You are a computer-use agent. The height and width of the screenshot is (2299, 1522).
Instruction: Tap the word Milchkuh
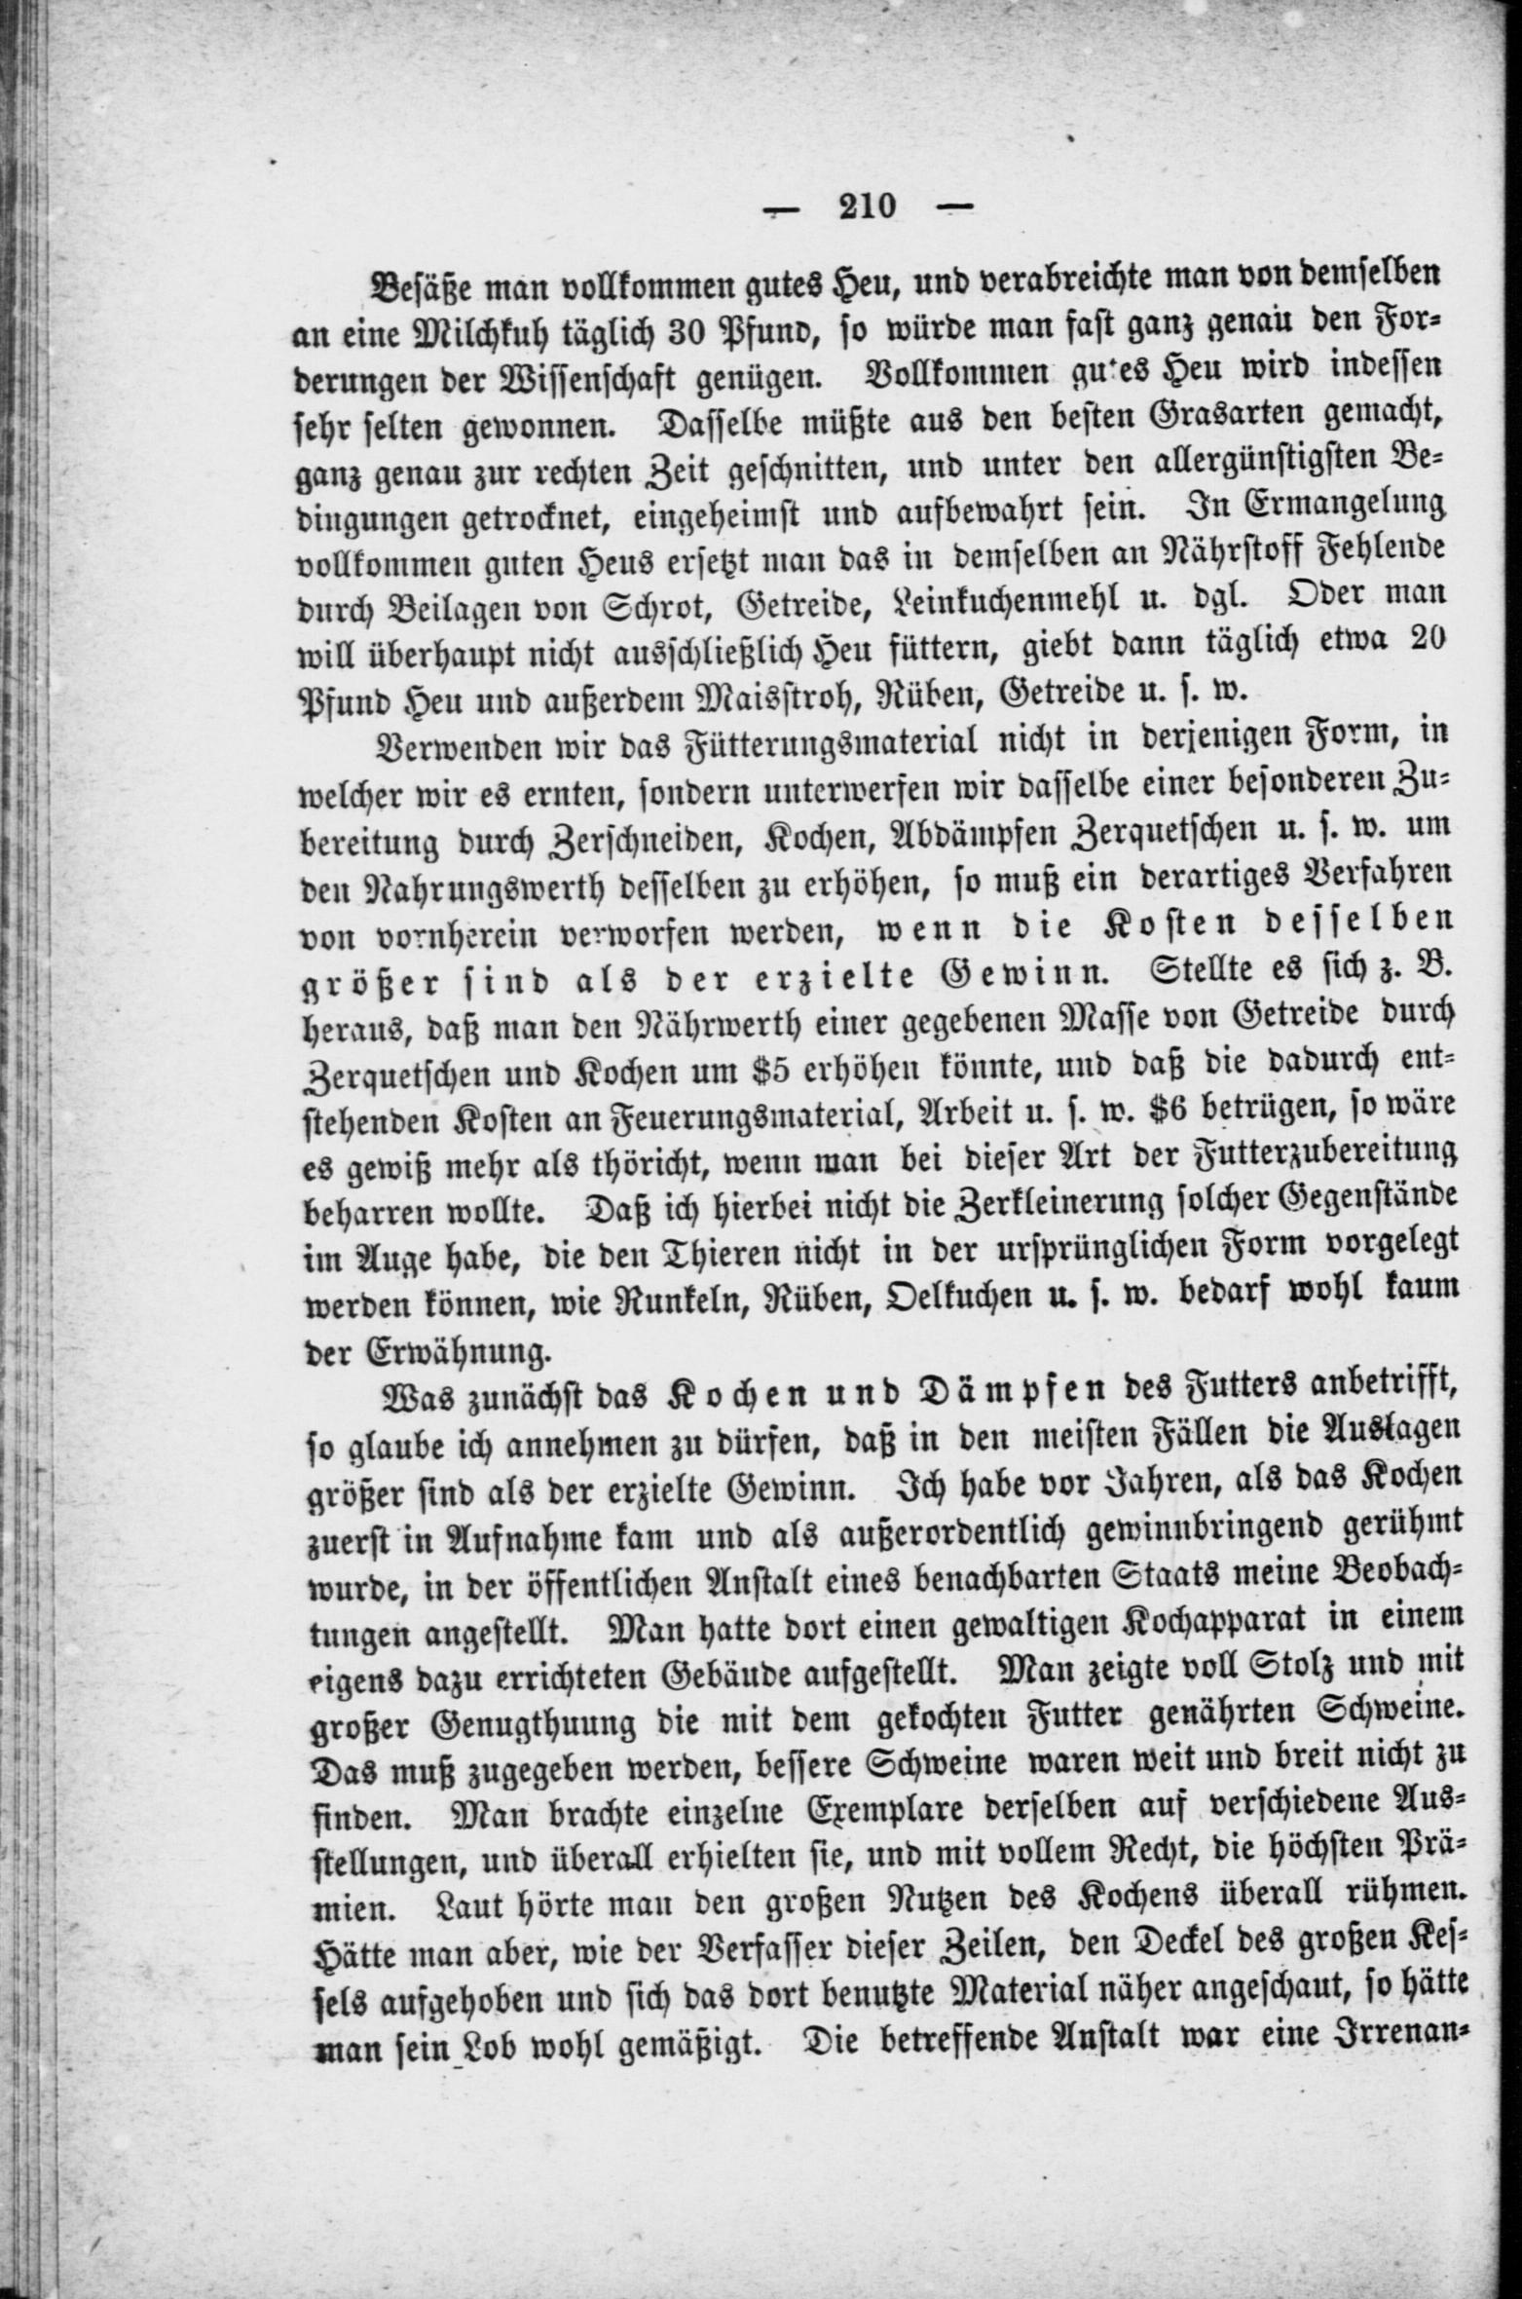485,330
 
